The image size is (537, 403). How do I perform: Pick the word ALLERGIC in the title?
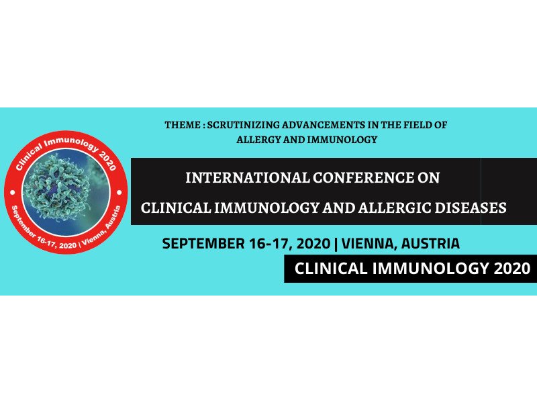point(395,208)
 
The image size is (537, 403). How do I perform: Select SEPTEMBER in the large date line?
point(203,244)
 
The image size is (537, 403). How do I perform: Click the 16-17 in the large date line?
point(271,244)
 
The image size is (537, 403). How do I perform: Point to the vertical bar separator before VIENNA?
point(336,244)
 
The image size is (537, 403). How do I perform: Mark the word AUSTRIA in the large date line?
point(430,244)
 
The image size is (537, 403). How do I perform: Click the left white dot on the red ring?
point(13,192)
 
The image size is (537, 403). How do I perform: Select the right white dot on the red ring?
point(119,192)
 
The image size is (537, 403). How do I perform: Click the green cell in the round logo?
point(58,187)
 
